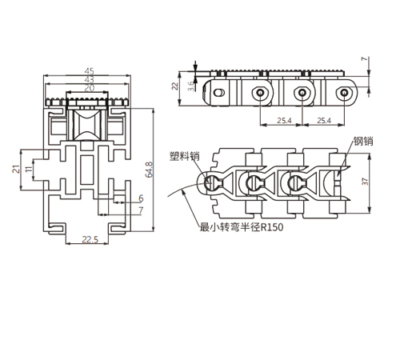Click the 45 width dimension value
[x=90, y=71]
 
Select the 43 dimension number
[x=90, y=79]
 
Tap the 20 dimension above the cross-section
[x=90, y=87]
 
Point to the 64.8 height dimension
[x=149, y=170]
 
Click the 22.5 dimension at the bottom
[x=90, y=240]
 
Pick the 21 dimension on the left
[x=16, y=169]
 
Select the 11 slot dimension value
[x=29, y=169]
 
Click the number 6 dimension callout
[x=141, y=198]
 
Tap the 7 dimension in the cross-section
[x=141, y=210]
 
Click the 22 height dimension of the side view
[x=174, y=86]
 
